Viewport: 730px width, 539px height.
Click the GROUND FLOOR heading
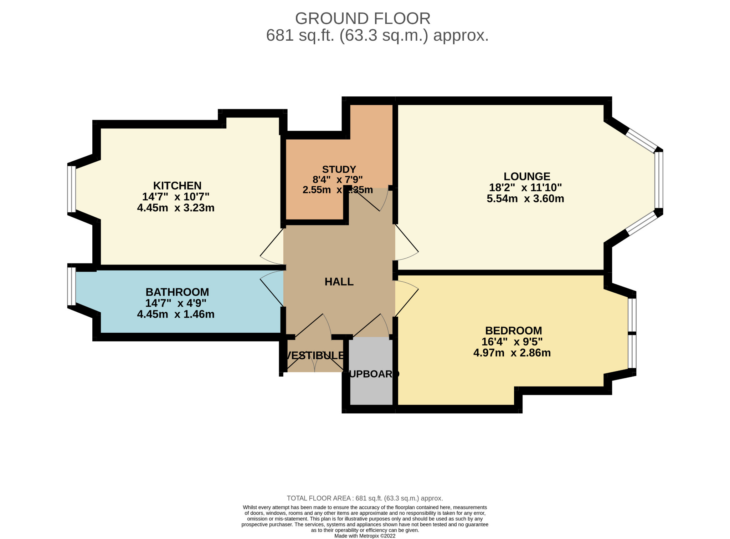tap(363, 19)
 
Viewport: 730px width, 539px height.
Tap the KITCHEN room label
tap(177, 186)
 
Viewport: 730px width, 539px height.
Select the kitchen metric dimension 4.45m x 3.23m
tap(176, 208)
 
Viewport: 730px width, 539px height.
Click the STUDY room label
tap(339, 169)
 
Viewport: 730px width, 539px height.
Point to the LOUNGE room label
tap(527, 176)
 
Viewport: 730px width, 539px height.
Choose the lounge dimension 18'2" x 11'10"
tap(525, 187)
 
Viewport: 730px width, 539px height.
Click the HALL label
tap(339, 282)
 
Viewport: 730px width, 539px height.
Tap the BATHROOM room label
tap(177, 292)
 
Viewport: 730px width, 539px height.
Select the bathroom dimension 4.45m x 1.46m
tap(176, 314)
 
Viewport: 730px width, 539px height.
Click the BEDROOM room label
tap(513, 331)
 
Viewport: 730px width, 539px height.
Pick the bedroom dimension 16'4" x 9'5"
tap(512, 342)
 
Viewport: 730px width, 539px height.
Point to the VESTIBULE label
tap(315, 355)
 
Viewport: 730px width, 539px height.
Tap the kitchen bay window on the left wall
tap(72, 189)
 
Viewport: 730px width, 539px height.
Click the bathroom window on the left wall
tap(72, 286)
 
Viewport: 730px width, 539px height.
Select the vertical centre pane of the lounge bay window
tap(659, 180)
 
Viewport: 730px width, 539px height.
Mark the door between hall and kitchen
tap(273, 246)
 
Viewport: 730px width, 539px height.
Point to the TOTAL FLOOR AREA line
tap(365, 498)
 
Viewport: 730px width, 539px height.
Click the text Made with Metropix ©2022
tap(365, 536)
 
